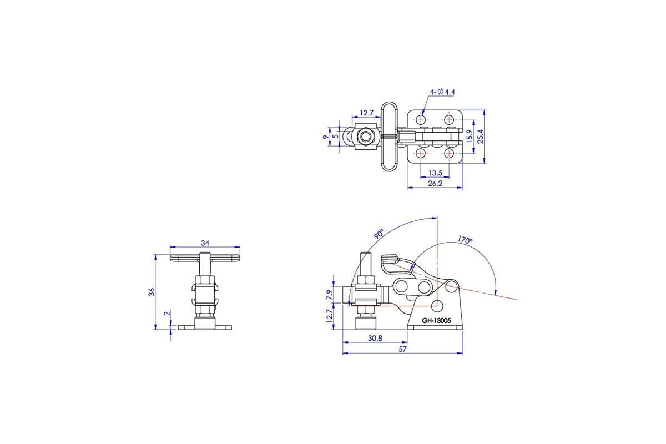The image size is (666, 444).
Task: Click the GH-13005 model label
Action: pos(436,321)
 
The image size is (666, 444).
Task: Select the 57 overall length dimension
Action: pos(402,349)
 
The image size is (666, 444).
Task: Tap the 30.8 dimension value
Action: pos(375,338)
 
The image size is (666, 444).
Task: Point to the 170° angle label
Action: pos(465,240)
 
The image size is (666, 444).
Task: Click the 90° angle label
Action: pos(379,234)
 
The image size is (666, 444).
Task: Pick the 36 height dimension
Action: pos(152,292)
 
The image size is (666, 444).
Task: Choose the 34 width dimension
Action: pos(205,243)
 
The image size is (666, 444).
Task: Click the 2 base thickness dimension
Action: pos(167,313)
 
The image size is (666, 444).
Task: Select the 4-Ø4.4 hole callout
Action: pos(442,92)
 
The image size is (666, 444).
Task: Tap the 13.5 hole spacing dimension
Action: pos(435,173)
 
